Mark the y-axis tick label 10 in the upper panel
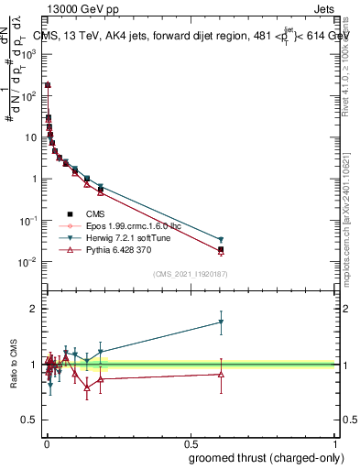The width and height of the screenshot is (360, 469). point(28,137)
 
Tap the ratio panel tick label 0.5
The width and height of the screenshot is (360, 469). point(27,421)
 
